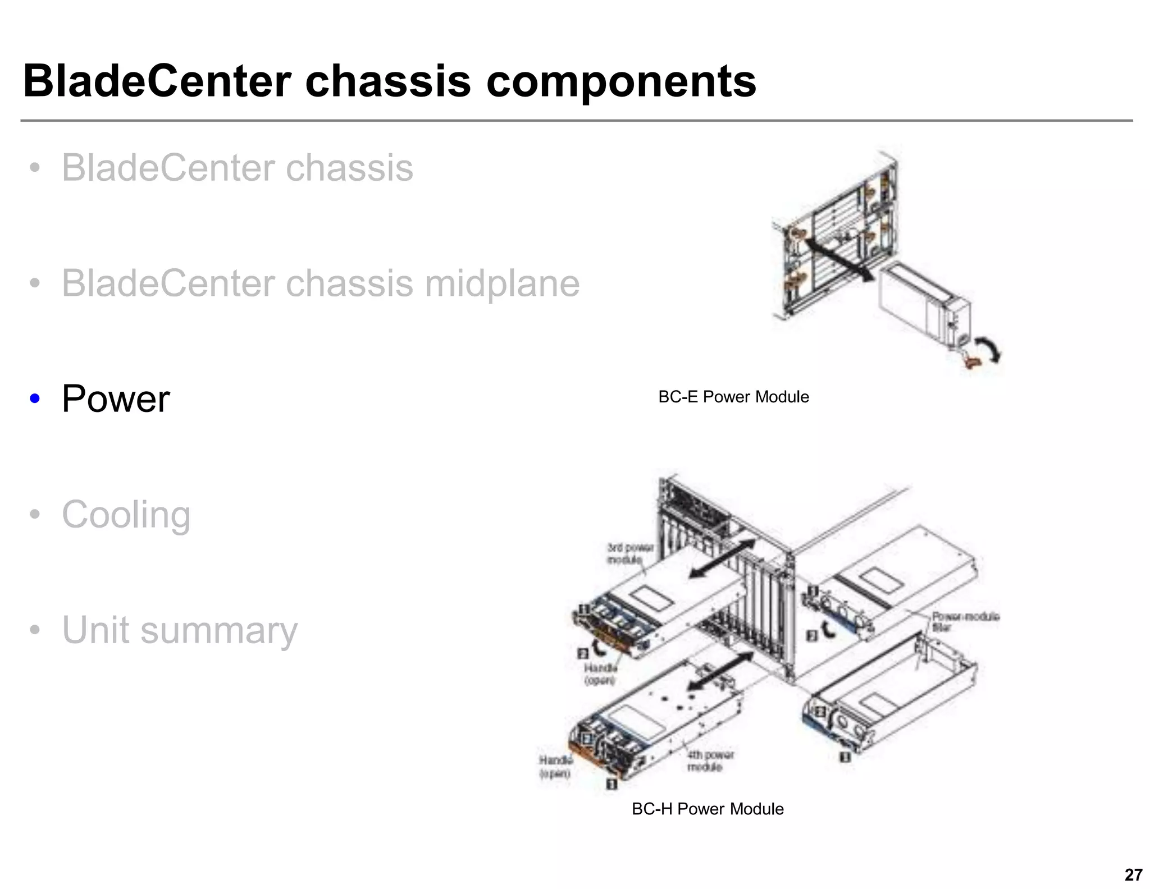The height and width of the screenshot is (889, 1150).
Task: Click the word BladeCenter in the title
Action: [x=157, y=81]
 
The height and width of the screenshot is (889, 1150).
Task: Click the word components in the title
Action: [x=620, y=81]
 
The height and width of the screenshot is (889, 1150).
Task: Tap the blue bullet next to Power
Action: [x=35, y=399]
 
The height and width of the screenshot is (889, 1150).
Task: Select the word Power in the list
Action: [x=116, y=399]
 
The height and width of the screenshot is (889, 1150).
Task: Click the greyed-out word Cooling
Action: [x=126, y=514]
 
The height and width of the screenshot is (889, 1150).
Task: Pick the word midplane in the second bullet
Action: [x=501, y=283]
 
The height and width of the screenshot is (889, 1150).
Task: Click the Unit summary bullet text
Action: [x=180, y=630]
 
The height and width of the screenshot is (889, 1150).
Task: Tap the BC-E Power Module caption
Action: [x=733, y=397]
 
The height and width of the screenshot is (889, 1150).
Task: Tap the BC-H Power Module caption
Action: [x=708, y=809]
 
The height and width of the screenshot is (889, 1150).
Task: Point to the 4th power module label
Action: [x=710, y=761]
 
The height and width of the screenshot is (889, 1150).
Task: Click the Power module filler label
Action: [x=965, y=621]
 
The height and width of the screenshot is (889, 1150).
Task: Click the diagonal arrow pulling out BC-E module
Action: [x=837, y=259]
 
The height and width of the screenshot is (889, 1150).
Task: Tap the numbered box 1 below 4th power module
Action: [x=611, y=783]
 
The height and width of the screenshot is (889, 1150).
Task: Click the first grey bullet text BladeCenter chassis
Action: [x=237, y=168]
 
